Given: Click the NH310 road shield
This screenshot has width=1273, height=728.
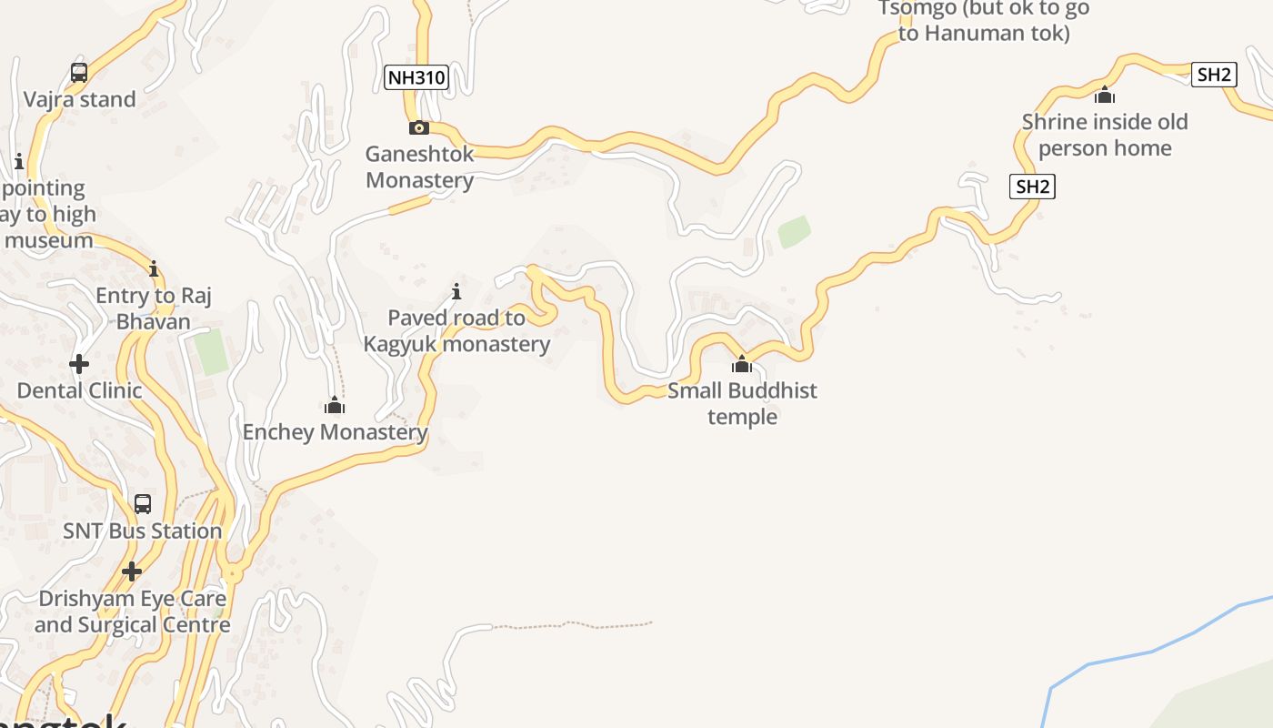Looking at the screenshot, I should (x=416, y=77).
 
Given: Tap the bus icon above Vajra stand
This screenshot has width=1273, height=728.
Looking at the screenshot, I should (x=79, y=73).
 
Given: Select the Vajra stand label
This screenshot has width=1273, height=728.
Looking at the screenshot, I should (x=79, y=99).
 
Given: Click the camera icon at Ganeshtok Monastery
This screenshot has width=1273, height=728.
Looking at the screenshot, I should (x=419, y=127).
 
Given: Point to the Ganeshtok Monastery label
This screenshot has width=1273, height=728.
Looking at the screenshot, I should (x=419, y=167).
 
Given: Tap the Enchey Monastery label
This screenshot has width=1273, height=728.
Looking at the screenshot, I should (x=335, y=431).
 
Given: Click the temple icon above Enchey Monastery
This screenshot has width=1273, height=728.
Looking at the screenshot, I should (x=335, y=405).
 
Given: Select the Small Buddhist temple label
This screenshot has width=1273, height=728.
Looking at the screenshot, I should (x=742, y=403).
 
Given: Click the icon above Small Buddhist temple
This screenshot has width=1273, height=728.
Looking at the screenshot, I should (x=742, y=364).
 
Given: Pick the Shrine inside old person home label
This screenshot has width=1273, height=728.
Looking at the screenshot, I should (x=1105, y=135).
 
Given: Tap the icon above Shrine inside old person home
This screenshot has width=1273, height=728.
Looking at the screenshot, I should (x=1105, y=95).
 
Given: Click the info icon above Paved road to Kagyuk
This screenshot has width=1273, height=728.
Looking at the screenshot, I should (x=456, y=291).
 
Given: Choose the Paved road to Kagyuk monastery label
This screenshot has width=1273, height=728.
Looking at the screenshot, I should (x=456, y=330).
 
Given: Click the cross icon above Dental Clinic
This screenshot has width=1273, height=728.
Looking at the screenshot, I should (x=79, y=364).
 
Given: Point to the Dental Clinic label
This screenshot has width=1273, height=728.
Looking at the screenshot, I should (x=79, y=390).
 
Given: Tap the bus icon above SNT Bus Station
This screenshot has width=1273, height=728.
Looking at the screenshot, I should (x=143, y=504).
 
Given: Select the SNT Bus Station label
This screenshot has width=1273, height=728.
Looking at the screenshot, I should (x=143, y=531).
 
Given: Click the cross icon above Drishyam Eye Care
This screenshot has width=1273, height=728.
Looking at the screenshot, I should (x=132, y=571).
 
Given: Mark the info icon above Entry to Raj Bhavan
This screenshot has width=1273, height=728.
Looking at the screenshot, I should (x=154, y=268).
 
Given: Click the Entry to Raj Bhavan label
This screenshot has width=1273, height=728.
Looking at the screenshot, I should (x=154, y=308).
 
